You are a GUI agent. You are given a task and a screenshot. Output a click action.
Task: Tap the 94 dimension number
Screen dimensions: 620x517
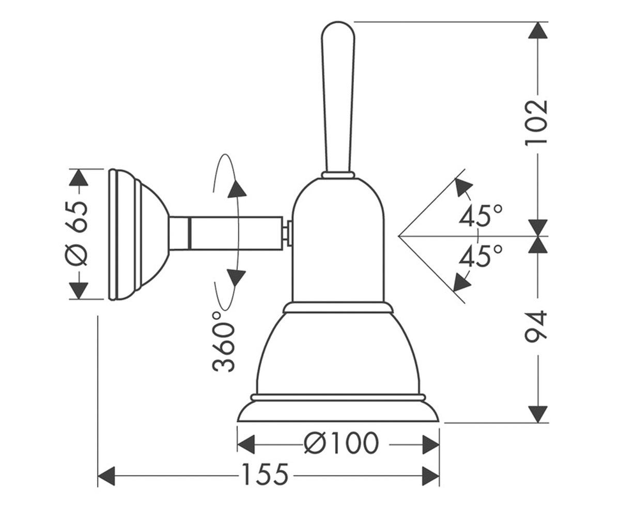pyautogui.click(x=536, y=327)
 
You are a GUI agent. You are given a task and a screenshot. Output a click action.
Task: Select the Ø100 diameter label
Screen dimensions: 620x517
pyautogui.click(x=341, y=445)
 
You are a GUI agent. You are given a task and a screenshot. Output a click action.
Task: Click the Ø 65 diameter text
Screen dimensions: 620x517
pyautogui.click(x=76, y=234)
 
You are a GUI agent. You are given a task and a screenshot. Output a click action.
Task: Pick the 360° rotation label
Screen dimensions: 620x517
pyautogui.click(x=224, y=341)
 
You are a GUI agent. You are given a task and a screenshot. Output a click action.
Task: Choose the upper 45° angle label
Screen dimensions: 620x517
pyautogui.click(x=481, y=216)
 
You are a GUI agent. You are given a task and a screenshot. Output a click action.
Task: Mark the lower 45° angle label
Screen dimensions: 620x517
pyautogui.click(x=481, y=255)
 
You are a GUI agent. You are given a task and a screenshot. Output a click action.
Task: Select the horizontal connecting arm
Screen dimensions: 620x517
pyautogui.click(x=226, y=233)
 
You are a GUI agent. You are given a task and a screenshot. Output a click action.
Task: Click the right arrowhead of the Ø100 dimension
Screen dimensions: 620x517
pyautogui.click(x=430, y=445)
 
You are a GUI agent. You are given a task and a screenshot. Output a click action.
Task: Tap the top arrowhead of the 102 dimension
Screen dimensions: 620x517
pyautogui.click(x=538, y=30)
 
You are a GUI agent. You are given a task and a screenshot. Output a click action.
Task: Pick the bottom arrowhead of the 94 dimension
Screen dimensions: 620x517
pyautogui.click(x=538, y=414)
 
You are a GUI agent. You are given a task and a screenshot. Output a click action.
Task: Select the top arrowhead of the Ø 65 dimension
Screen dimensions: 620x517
pyautogui.click(x=79, y=178)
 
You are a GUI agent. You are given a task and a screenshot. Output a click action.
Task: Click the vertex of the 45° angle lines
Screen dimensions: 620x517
pyautogui.click(x=398, y=236)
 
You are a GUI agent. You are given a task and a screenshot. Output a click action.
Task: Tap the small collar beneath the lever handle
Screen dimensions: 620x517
pyautogui.click(x=338, y=175)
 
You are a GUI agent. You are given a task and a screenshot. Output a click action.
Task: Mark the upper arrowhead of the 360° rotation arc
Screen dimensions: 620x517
pyautogui.click(x=237, y=189)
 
